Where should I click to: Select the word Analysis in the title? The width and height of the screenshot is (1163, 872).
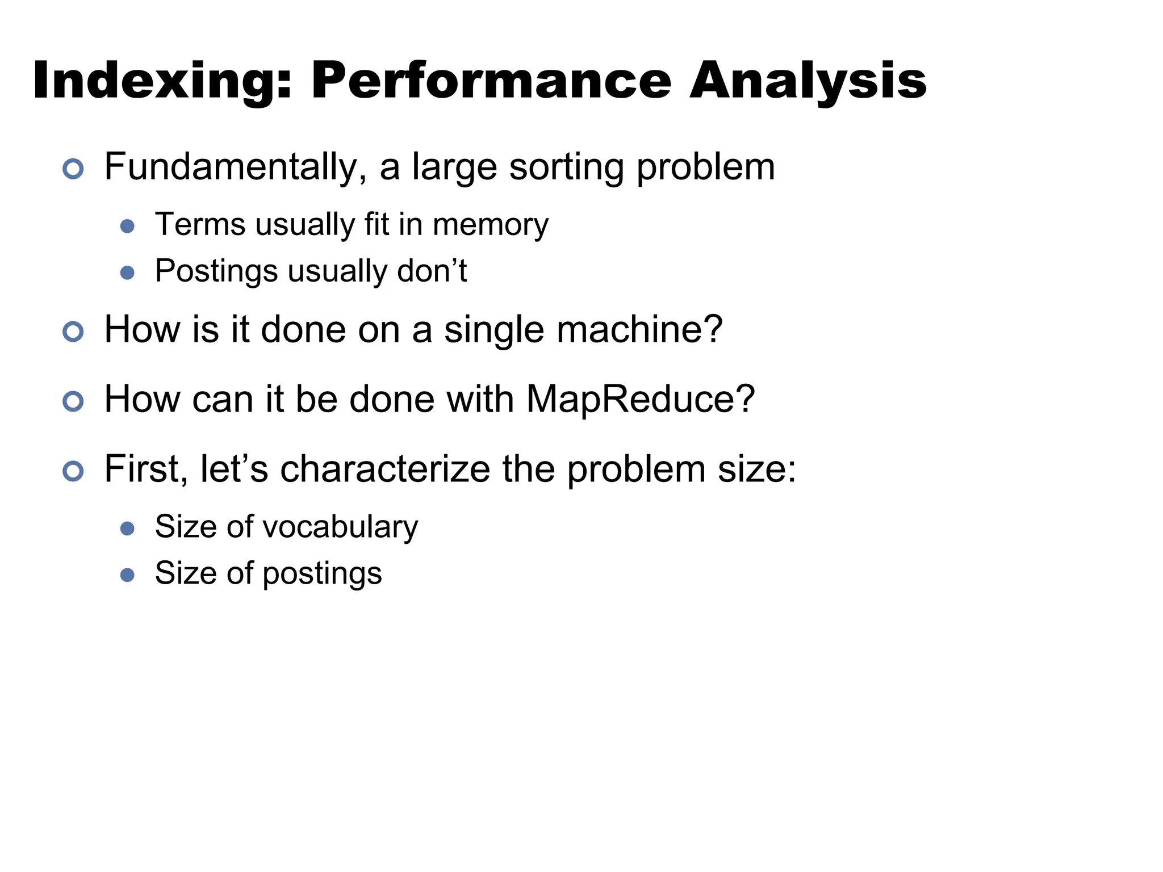[x=808, y=81]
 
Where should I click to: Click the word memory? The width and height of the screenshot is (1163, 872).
[x=491, y=225]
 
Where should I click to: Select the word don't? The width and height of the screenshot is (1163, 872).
[x=432, y=271]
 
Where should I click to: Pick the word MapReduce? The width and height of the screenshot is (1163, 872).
[x=640, y=399]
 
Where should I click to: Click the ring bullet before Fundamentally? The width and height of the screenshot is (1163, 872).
[x=73, y=169]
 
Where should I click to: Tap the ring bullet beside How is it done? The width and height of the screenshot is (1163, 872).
[x=73, y=332]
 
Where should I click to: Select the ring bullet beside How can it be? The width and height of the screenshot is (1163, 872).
[x=73, y=401]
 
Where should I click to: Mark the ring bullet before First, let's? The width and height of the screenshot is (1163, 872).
[x=73, y=471]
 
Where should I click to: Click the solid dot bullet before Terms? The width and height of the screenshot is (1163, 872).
[x=128, y=227]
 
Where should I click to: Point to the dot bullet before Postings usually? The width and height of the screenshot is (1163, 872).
[x=128, y=273]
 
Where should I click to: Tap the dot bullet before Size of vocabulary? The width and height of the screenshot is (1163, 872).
[x=128, y=529]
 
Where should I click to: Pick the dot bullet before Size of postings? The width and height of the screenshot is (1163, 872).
[x=128, y=575]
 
